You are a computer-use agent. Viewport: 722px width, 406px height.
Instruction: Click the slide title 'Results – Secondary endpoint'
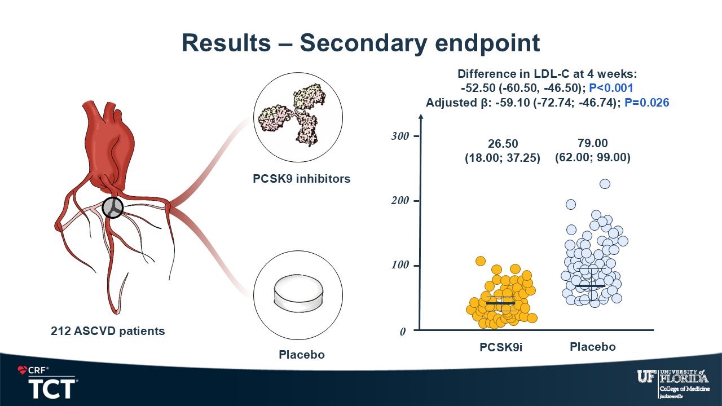point(360,43)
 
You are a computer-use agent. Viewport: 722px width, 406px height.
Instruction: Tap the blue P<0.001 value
point(611,88)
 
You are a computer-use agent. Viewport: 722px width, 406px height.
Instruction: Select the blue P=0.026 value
point(647,103)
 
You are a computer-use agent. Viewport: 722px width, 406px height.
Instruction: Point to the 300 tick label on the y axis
point(400,136)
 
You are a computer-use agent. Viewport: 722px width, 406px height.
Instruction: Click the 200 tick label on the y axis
point(400,200)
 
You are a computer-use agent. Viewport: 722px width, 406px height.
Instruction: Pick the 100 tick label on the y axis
point(400,265)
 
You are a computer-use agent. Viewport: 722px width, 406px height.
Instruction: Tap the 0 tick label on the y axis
point(403,331)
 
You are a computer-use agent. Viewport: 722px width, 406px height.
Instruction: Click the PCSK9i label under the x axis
point(501,347)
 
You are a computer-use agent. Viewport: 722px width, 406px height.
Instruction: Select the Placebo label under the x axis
point(593,347)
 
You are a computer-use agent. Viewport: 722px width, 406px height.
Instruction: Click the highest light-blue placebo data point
point(605,184)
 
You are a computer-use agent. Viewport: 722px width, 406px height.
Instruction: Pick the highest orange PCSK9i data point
point(481,261)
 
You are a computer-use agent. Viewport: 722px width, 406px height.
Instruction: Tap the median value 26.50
point(503,143)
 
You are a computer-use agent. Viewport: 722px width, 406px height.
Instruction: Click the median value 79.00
point(592,143)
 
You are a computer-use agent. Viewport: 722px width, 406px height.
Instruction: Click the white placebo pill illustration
point(298,294)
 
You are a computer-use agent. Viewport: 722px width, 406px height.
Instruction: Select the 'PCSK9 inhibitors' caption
point(301,179)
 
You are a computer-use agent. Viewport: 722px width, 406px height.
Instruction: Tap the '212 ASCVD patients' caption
point(108,331)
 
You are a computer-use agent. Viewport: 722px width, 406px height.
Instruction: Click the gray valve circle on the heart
point(113,208)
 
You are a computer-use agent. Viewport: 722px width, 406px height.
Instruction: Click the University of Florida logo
point(673,383)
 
